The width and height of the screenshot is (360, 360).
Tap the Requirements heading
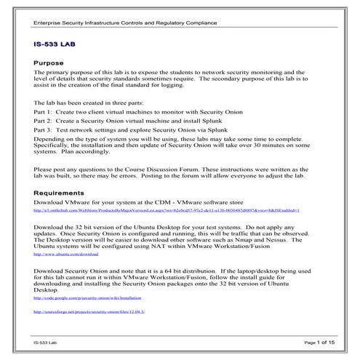point(64,193)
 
